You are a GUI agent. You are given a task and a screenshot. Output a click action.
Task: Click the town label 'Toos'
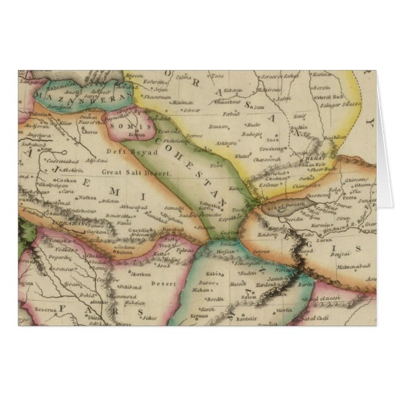pyautogui.click(x=217, y=76)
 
